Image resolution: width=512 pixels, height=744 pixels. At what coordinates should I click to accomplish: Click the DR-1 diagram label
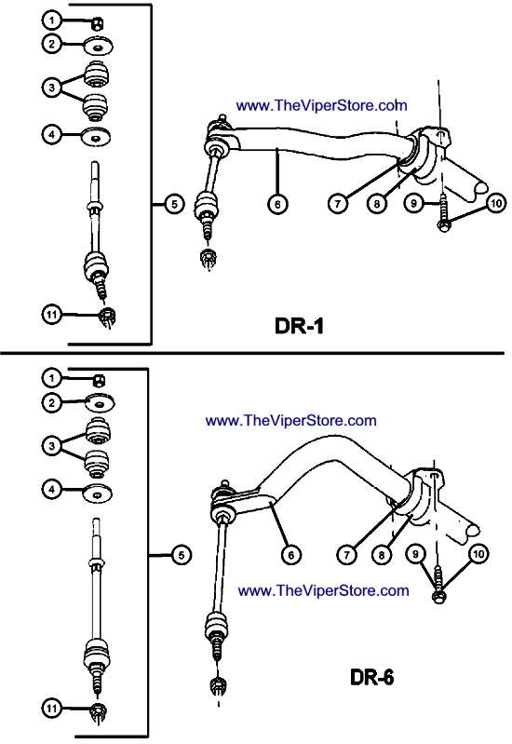coord(299,326)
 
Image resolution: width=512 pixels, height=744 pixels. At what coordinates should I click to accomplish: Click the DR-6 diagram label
coord(372,677)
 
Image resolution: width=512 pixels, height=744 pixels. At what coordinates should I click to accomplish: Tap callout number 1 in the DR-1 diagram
coord(51,20)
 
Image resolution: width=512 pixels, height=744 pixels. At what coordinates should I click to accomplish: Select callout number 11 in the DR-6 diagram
coord(51,709)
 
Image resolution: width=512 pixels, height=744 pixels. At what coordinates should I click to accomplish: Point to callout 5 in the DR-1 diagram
coord(175,204)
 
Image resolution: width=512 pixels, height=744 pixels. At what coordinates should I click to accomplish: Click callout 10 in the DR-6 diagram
coord(478,554)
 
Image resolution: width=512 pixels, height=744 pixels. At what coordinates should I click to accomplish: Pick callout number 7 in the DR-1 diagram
coord(338,204)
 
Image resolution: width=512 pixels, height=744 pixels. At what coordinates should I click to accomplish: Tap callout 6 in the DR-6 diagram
coord(290,555)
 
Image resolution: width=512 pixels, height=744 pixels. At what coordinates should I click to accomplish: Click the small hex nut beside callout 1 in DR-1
coord(98,23)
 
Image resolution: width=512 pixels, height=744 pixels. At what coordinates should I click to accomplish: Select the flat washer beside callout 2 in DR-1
coord(99,47)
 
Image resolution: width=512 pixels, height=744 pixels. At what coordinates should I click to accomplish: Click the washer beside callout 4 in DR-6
coord(99,494)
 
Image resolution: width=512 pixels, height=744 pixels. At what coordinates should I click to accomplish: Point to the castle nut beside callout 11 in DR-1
coord(109,316)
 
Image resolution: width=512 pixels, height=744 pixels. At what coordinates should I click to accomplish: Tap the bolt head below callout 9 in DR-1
coord(444,226)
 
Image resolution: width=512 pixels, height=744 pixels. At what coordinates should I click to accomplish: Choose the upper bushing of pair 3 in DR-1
coord(97,75)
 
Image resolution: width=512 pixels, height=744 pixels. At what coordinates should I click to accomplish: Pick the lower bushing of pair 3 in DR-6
coord(96,464)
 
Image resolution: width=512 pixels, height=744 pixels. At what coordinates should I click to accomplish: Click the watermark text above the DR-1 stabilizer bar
coord(322,105)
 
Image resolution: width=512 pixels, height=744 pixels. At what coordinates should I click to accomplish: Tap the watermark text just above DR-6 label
coord(323,590)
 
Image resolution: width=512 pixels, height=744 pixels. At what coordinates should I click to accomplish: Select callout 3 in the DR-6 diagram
coord(51,446)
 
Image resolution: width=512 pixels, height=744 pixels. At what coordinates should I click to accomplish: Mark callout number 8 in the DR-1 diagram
coord(377,204)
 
